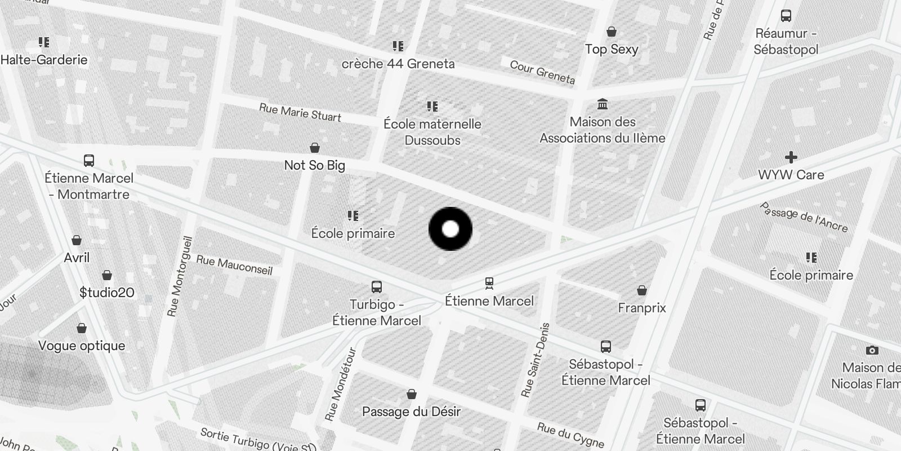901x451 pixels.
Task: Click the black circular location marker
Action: (x=450, y=229)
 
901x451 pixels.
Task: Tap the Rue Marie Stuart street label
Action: (x=300, y=112)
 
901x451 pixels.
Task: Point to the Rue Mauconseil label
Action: (x=234, y=265)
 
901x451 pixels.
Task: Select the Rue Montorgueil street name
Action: (x=180, y=276)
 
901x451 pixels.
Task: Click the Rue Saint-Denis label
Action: (x=535, y=360)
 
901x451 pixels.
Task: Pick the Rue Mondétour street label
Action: (x=341, y=384)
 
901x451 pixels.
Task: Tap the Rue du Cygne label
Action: (x=571, y=435)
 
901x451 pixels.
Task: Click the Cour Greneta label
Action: (x=542, y=72)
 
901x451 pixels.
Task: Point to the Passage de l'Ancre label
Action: (x=804, y=217)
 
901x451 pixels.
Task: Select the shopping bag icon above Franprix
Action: (x=641, y=290)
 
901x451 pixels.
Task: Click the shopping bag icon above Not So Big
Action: (x=315, y=148)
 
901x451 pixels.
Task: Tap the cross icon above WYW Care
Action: (x=791, y=157)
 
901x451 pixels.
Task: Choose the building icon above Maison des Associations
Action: (x=603, y=104)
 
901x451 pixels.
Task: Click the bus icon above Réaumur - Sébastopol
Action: (x=786, y=16)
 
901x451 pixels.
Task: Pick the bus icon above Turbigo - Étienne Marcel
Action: (x=377, y=287)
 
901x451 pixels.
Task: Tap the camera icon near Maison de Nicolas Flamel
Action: (x=872, y=350)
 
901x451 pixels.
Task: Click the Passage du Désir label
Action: (x=411, y=412)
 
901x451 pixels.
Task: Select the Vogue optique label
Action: (x=82, y=346)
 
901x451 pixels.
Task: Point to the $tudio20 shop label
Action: (x=107, y=293)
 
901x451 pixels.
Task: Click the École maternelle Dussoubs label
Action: (x=432, y=132)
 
